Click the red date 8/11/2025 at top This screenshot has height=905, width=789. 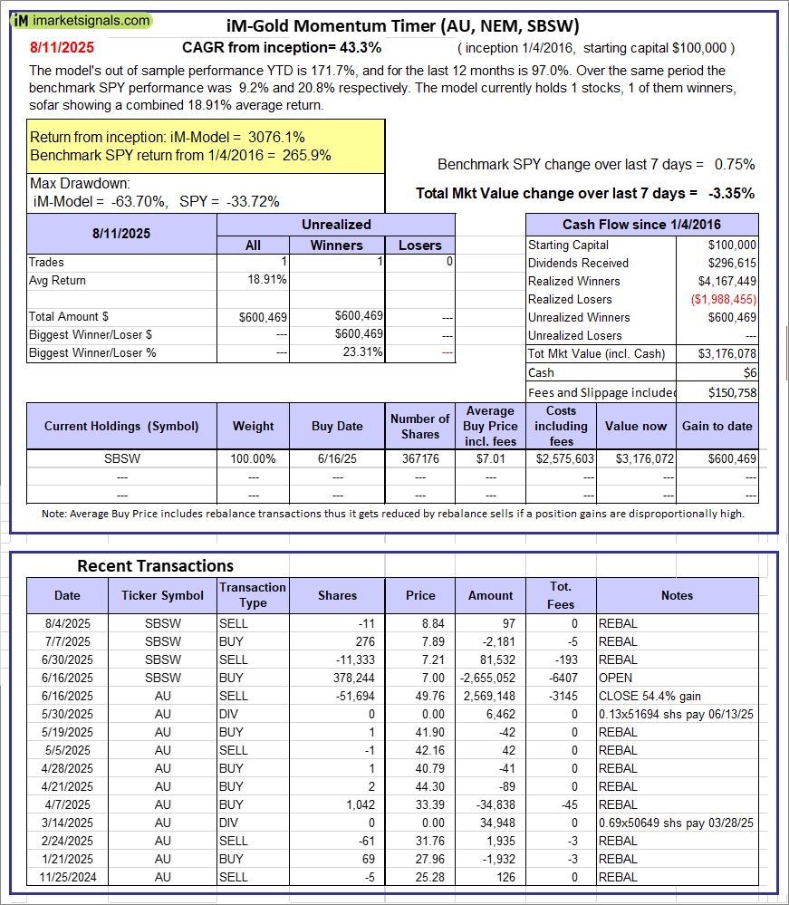[61, 47]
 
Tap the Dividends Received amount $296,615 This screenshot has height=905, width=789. [733, 263]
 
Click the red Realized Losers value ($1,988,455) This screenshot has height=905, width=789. [722, 299]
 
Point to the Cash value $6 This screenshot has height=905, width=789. [752, 372]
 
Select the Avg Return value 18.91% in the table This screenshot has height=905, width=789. [267, 280]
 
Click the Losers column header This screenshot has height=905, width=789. [420, 245]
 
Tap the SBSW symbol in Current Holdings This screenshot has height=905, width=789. [121, 458]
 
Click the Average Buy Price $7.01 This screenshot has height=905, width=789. [497, 458]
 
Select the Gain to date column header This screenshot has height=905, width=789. [717, 426]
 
